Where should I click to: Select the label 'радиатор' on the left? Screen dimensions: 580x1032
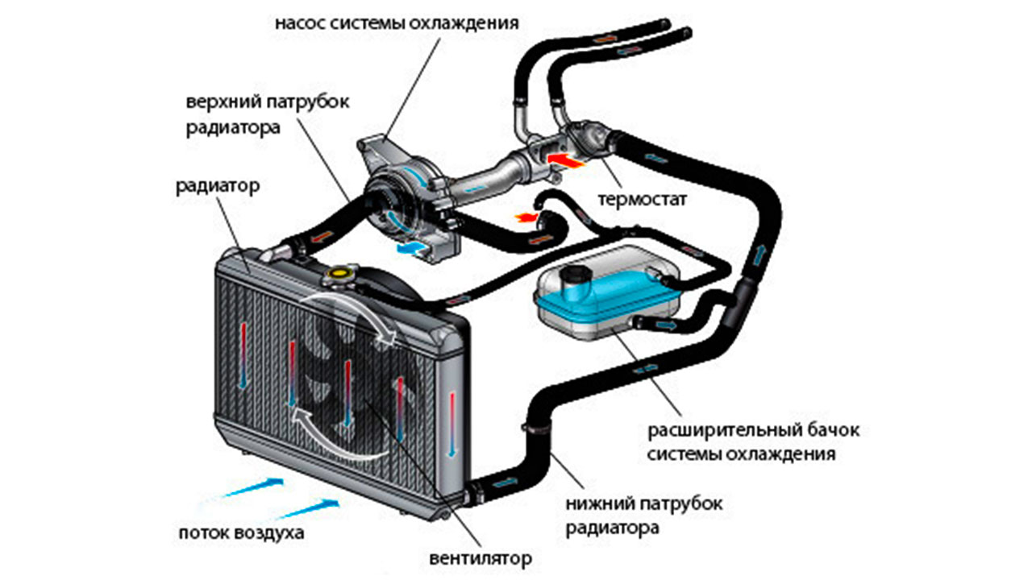(x=217, y=187)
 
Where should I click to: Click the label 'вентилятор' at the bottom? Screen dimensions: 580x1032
(x=482, y=557)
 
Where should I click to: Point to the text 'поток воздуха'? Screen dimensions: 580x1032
(x=243, y=533)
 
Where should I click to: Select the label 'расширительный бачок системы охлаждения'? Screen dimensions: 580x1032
(x=754, y=441)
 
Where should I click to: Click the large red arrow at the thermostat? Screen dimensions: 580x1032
(x=564, y=161)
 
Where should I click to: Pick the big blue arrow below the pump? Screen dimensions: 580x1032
(x=410, y=250)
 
